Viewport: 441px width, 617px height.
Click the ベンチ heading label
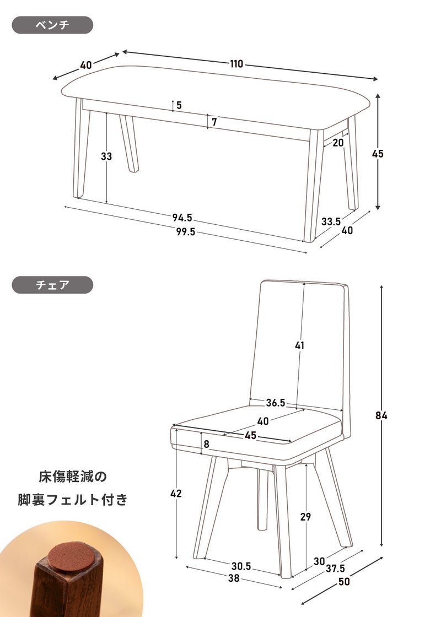click(52, 25)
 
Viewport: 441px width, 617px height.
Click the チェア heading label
click(52, 285)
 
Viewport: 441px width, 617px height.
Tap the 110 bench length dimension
click(236, 64)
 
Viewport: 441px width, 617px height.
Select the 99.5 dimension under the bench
click(185, 232)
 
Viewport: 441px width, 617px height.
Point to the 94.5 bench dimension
click(182, 217)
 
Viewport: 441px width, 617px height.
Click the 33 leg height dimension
click(106, 156)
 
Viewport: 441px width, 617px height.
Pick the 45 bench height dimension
click(378, 154)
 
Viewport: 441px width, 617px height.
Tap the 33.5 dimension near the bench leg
click(331, 221)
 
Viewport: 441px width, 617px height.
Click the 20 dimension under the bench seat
click(338, 143)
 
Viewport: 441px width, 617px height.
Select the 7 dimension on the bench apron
click(214, 122)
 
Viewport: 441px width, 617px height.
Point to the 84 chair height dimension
click(381, 415)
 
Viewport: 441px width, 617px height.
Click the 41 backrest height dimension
click(300, 345)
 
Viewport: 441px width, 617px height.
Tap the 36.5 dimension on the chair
click(276, 403)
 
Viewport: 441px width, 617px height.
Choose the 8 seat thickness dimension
click(206, 444)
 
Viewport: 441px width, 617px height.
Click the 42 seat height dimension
click(176, 493)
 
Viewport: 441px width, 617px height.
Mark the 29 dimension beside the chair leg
click(305, 517)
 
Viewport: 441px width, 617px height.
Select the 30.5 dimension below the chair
click(241, 566)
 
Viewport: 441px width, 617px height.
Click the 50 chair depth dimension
click(344, 581)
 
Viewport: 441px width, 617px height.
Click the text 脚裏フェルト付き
click(72, 500)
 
